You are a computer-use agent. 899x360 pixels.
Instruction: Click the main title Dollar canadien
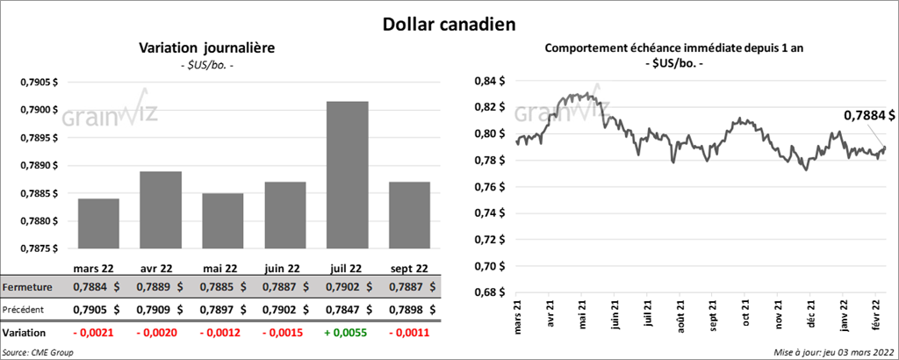click(x=449, y=24)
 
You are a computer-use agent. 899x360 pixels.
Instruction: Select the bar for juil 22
click(x=347, y=176)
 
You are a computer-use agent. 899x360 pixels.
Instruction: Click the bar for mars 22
click(x=97, y=224)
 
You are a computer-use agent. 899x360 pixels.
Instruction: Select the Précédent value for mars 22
click(x=91, y=310)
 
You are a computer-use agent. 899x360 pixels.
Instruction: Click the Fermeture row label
click(x=27, y=287)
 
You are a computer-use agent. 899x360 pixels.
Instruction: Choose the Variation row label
click(x=25, y=334)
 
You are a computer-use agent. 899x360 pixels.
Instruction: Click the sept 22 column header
click(x=408, y=268)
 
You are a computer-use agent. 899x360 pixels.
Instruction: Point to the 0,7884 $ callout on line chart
click(x=869, y=115)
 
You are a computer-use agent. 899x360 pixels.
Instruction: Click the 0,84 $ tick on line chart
click(x=487, y=82)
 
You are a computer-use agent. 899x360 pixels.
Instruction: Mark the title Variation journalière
click(x=207, y=48)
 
